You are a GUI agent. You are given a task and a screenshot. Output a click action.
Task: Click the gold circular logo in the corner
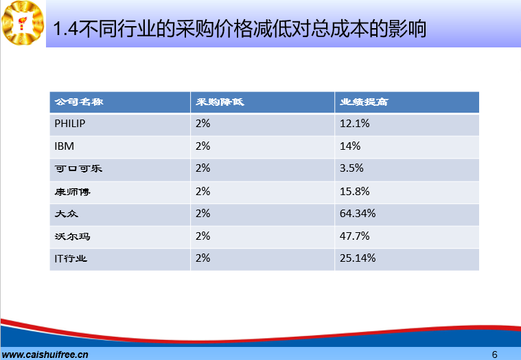[x=23, y=23]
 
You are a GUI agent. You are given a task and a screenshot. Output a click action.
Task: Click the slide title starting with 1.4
[x=240, y=28]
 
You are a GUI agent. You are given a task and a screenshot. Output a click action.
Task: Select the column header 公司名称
[x=79, y=102]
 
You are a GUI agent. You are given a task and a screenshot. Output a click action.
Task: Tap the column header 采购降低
[x=220, y=102]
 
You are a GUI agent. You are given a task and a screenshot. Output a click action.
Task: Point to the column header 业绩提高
[x=364, y=102]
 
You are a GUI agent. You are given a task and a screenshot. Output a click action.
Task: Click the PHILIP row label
[x=70, y=124]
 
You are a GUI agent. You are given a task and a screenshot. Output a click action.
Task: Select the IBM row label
[x=64, y=146]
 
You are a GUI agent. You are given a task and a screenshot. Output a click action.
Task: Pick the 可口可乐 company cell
[x=78, y=168]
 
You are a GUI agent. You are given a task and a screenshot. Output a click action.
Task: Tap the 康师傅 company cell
[x=73, y=192]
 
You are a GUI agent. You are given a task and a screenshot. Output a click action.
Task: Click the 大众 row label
[x=67, y=214]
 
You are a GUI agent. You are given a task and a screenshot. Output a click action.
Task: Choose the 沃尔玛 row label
[x=73, y=236]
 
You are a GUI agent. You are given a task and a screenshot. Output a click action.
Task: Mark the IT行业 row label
[x=71, y=258]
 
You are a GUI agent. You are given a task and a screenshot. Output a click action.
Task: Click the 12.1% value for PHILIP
[x=354, y=124]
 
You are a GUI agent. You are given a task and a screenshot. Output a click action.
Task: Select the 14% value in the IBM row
[x=350, y=146]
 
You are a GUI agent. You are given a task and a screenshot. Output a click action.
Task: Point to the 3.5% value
[x=351, y=168]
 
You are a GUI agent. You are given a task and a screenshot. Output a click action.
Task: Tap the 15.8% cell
[x=354, y=192]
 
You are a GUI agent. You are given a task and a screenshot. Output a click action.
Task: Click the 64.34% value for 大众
[x=358, y=214]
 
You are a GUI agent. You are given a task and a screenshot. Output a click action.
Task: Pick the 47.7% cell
[x=354, y=236]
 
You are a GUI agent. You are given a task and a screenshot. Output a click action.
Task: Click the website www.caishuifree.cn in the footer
[x=45, y=355]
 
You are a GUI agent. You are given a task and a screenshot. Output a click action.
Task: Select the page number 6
[x=494, y=355]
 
